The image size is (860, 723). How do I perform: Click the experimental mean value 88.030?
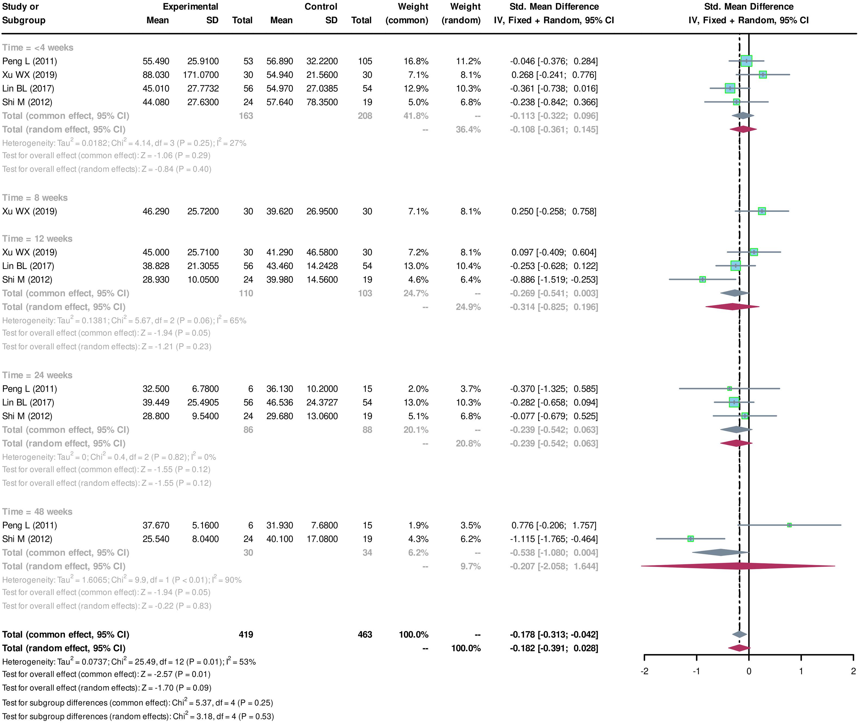[x=156, y=75]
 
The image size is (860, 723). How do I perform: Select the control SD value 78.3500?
[x=322, y=102]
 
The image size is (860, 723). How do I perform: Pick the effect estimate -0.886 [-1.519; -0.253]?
[x=554, y=280]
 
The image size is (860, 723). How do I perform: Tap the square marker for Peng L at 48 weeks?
[x=789, y=525]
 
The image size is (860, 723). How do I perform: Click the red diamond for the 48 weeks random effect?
[x=738, y=566]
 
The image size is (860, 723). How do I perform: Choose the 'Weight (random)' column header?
[x=461, y=14]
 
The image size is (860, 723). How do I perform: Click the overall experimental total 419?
[x=246, y=635]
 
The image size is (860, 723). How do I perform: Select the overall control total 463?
[x=365, y=635]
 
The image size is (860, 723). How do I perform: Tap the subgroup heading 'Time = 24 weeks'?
[x=37, y=375]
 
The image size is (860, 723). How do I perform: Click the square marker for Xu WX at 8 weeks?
[x=762, y=211]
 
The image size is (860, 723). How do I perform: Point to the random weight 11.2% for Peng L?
[x=468, y=61]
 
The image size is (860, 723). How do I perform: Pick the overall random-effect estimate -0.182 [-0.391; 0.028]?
[x=554, y=648]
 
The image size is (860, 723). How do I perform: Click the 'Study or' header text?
[x=21, y=7]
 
